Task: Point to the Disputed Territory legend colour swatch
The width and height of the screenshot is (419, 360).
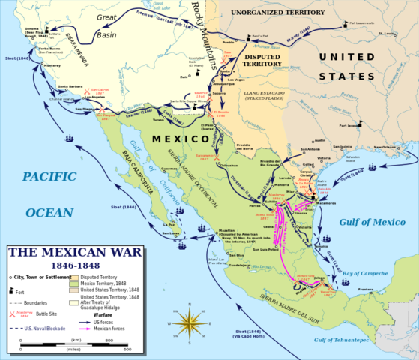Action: click(97, 276)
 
